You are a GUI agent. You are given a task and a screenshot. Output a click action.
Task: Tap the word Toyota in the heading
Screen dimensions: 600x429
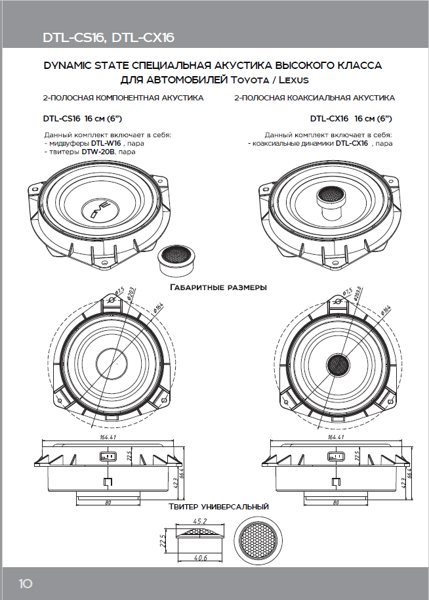coord(249,79)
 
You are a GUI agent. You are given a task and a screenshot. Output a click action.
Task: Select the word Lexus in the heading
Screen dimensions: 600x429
coord(292,79)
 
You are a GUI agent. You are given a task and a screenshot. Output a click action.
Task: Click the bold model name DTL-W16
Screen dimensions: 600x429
coord(106,142)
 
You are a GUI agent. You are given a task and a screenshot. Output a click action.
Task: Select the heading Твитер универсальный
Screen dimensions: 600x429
coord(218,507)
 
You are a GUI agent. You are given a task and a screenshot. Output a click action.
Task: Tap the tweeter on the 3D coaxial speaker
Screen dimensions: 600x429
coord(333,196)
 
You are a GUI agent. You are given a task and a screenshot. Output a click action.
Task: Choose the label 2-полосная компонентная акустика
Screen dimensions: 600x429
coord(123,98)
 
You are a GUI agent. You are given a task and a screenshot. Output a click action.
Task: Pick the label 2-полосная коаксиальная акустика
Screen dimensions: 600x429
coord(314,98)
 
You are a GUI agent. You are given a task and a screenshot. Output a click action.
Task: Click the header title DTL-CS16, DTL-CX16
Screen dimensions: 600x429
coord(108,37)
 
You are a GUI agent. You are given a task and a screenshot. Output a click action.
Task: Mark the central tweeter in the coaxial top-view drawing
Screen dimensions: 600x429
coord(340,362)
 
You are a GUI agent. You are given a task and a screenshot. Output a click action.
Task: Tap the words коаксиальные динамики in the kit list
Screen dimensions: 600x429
coord(293,142)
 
